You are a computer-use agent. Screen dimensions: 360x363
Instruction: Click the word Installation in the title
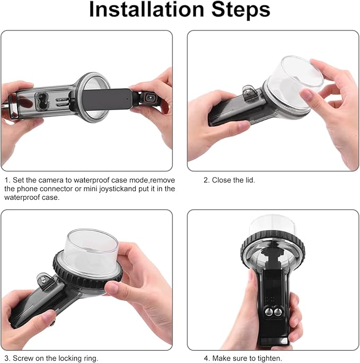146,10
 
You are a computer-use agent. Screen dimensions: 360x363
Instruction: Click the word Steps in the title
241,10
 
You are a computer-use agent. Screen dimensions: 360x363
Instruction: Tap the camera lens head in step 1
150,99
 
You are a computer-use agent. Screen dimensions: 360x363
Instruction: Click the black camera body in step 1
107,99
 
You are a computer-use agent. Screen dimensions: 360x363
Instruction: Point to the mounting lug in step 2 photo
250,93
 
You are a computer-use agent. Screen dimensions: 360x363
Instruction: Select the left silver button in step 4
269,312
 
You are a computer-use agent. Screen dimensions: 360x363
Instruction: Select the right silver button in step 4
278,312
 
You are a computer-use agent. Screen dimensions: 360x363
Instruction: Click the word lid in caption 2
250,180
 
